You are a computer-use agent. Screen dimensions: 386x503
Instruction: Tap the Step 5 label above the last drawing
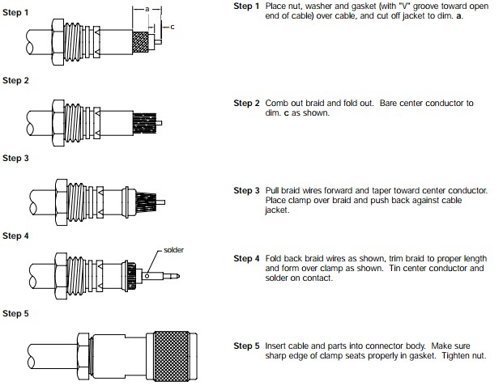click(16, 314)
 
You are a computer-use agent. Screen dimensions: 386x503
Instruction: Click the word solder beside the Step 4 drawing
click(174, 250)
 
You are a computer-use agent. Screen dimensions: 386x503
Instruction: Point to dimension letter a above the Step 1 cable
click(147, 8)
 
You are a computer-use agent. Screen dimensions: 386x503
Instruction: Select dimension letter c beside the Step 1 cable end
click(173, 27)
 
